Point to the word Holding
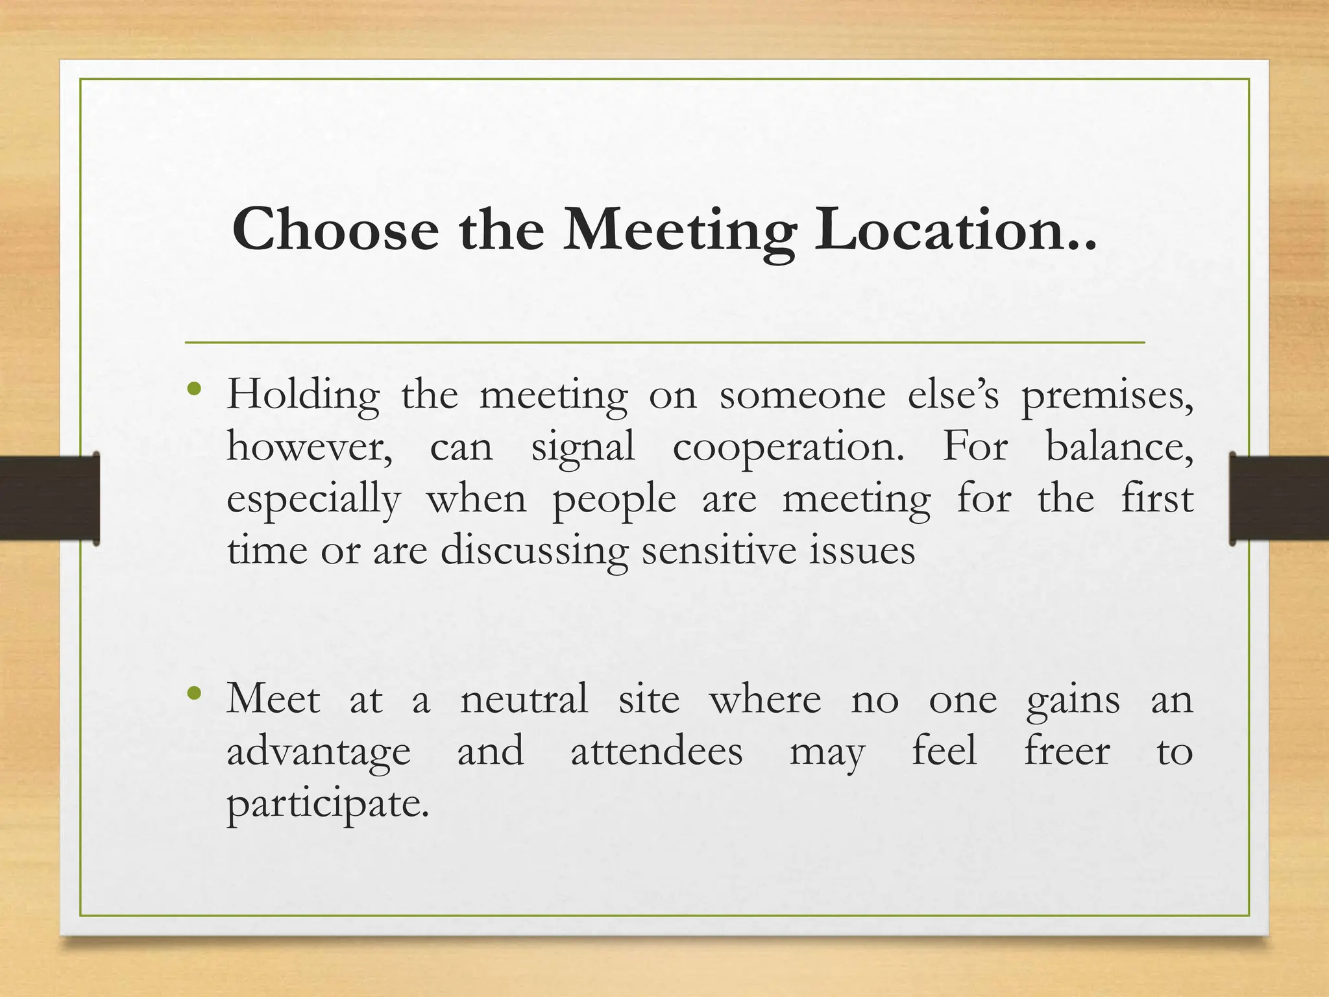pyautogui.click(x=302, y=396)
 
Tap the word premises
pyautogui.click(x=1106, y=396)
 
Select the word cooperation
pyautogui.click(x=788, y=448)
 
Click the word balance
pyautogui.click(x=1119, y=448)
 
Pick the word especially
pyautogui.click(x=313, y=500)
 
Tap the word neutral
pyautogui.click(x=524, y=700)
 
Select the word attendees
pyautogui.click(x=656, y=752)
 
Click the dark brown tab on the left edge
pyautogui.click(x=49, y=498)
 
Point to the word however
pyautogui.click(x=309, y=448)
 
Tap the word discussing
pyautogui.click(x=534, y=551)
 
